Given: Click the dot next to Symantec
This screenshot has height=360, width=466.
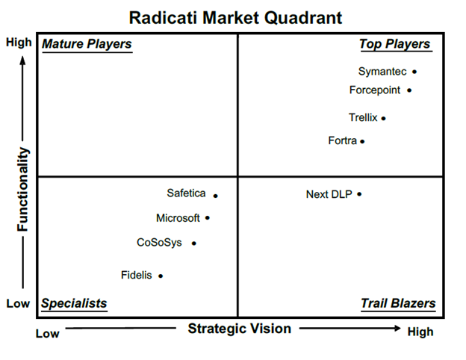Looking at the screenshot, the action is click(x=414, y=72).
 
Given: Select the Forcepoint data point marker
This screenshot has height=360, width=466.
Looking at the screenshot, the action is click(x=409, y=90).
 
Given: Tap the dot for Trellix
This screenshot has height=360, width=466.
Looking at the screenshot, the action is click(x=383, y=118).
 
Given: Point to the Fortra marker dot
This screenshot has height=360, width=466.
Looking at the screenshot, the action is click(x=362, y=141).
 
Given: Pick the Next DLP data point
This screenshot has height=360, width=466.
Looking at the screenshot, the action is click(x=359, y=194).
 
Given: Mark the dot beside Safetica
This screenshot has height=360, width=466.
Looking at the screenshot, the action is click(x=216, y=196).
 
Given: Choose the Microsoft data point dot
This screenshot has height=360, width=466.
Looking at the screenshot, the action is click(x=208, y=218).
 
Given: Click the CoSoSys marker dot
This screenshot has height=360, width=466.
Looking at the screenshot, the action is click(x=193, y=243).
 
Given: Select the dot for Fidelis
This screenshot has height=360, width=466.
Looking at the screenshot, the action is click(x=161, y=276).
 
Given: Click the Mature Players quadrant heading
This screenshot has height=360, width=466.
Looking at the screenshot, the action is click(x=87, y=44).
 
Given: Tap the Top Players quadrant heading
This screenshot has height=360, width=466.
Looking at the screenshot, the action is click(x=394, y=44).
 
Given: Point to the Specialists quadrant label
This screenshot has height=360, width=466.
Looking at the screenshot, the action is click(x=74, y=303).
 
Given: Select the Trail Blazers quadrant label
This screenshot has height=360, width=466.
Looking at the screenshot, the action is click(x=398, y=303).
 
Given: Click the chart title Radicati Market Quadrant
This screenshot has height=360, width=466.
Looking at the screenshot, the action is click(x=235, y=17).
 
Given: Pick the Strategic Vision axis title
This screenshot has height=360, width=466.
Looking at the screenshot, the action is click(x=239, y=329).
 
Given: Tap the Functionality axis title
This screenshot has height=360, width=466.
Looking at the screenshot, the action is click(x=22, y=189).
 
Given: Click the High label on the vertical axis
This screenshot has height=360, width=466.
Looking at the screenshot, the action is click(x=19, y=43).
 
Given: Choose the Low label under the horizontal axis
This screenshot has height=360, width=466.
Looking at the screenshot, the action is click(x=48, y=334).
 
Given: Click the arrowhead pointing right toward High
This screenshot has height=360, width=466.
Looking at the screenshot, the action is click(x=397, y=328).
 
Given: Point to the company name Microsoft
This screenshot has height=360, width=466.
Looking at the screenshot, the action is click(x=178, y=218).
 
